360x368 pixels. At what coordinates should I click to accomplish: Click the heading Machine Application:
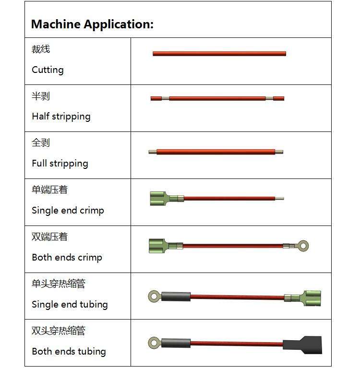pos(92,24)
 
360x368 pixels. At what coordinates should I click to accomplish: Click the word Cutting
pos(48,70)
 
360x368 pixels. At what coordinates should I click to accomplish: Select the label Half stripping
pos(61,117)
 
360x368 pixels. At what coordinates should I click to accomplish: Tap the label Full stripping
pos(60,164)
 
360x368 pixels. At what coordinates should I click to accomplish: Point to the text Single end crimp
pos(68,211)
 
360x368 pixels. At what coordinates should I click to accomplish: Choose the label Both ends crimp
pos(67,258)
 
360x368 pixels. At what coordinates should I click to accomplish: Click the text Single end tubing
pos(70,305)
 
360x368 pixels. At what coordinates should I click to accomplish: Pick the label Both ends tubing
pos(69,352)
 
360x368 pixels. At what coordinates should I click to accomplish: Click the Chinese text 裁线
pos(41,49)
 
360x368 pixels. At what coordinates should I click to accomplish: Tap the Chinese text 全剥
pos(41,143)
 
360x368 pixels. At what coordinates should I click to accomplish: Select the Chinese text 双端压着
pos(49,237)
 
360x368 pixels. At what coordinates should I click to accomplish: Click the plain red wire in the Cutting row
pos(219,54)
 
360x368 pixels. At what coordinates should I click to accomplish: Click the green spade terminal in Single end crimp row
pos(160,198)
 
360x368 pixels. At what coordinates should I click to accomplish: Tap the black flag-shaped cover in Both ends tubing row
pos(302,344)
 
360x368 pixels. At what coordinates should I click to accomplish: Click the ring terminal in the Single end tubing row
pos(154,297)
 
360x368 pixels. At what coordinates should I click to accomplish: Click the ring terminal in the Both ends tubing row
pos(154,343)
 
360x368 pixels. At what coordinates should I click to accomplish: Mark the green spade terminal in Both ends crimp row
pos(160,246)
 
